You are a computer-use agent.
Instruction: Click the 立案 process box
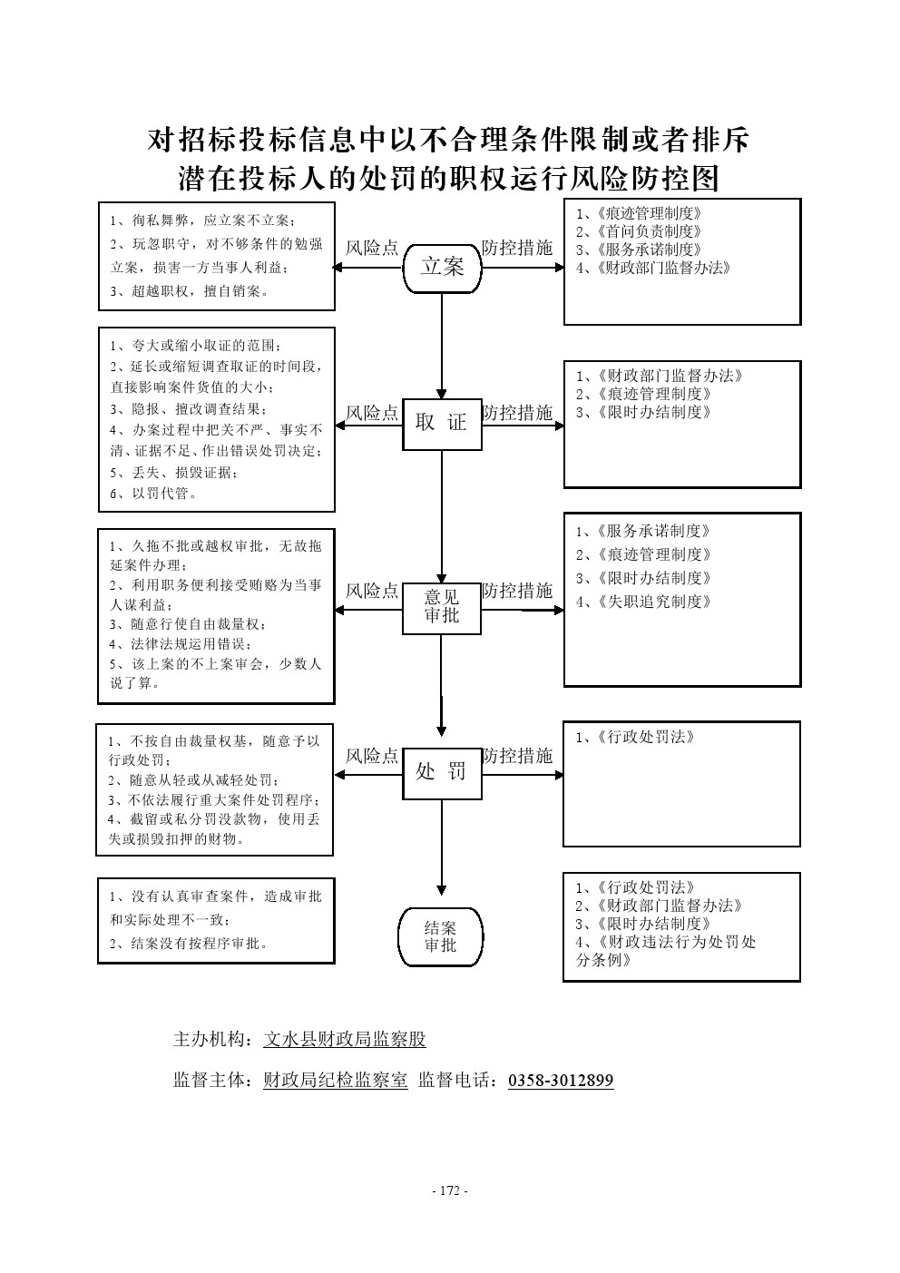[x=442, y=267]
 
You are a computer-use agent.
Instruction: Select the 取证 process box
[x=442, y=423]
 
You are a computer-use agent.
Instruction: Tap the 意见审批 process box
[x=442, y=607]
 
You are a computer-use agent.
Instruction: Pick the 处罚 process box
[x=442, y=772]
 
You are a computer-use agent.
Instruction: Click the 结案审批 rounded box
[x=441, y=937]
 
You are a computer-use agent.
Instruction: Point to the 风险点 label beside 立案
[x=372, y=248]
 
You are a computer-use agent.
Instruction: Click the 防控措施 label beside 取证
[x=517, y=414]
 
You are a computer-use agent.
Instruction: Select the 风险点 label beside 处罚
[x=372, y=757]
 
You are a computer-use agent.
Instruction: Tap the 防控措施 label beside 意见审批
[x=517, y=592]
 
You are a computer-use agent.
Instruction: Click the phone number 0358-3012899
[x=561, y=1081]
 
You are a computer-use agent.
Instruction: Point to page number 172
[x=450, y=1190]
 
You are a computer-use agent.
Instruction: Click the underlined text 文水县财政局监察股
[x=345, y=1041]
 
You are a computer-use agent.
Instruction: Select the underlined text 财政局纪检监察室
[x=336, y=1081]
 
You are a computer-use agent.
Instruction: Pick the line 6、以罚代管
[x=154, y=494]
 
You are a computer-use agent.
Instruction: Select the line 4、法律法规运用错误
[x=181, y=644]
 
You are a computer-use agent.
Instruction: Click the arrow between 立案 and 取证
[x=442, y=346]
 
